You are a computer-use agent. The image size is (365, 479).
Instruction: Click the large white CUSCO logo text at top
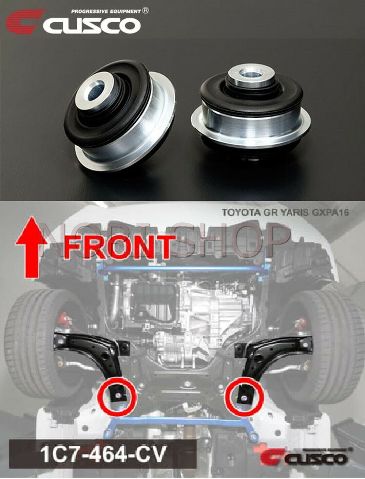(x=92, y=26)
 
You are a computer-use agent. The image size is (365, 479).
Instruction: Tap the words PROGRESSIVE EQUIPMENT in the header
(x=106, y=12)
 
